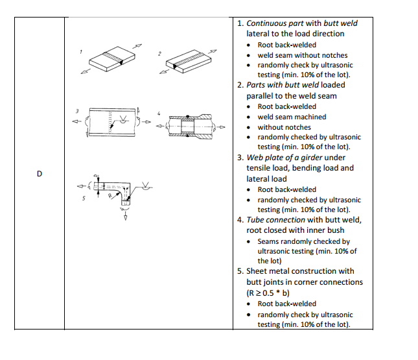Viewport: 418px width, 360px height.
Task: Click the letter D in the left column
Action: click(40, 174)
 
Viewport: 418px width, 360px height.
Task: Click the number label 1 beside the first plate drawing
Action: click(81, 51)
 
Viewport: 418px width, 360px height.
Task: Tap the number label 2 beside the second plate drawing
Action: click(158, 52)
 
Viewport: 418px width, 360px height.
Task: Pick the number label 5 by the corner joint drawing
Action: click(84, 198)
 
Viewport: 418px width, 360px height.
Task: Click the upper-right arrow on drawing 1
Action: click(137, 46)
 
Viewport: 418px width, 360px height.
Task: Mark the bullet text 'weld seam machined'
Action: click(292, 117)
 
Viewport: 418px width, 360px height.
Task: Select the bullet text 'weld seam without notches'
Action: click(302, 55)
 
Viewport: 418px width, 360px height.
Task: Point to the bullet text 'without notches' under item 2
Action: click(284, 127)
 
